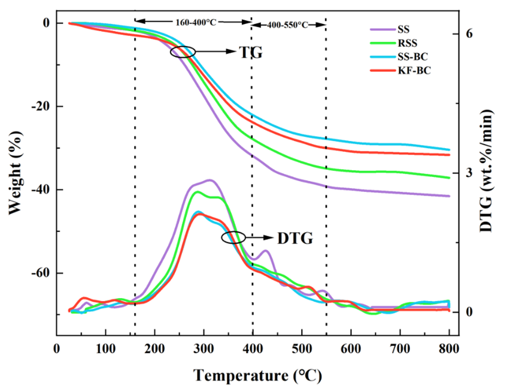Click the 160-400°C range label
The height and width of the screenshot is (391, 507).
pyautogui.click(x=195, y=22)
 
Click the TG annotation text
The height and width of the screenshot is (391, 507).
pyautogui.click(x=251, y=53)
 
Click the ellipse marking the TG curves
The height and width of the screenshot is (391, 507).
pyautogui.click(x=183, y=52)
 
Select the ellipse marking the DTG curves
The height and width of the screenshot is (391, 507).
pyautogui.click(x=233, y=237)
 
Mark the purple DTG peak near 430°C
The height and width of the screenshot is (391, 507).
pyautogui.click(x=265, y=251)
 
